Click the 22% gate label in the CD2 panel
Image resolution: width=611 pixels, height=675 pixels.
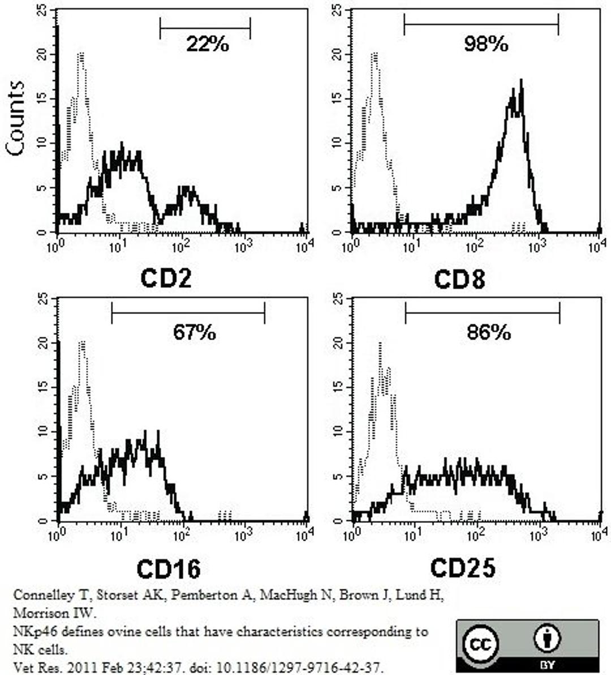[207, 44]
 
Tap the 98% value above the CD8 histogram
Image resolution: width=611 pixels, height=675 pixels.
[485, 44]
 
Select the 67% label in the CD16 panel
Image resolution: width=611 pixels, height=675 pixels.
[194, 332]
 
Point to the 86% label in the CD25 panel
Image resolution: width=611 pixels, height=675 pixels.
[488, 332]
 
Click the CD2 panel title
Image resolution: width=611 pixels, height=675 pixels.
[166, 279]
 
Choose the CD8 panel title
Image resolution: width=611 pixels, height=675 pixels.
[459, 279]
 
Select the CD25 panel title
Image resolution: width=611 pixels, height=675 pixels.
[462, 567]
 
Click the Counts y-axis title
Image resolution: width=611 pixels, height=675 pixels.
[15, 117]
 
